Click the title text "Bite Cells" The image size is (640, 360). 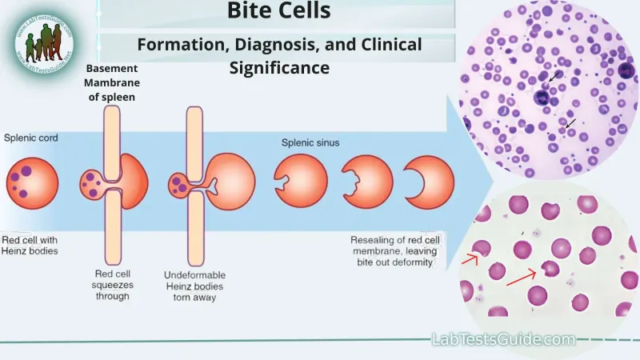[x=279, y=12]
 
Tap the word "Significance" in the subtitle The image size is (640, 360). [x=279, y=68]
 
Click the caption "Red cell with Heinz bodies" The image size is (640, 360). [x=30, y=246]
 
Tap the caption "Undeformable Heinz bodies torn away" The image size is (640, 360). [x=194, y=286]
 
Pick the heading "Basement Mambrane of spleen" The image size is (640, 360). [x=111, y=83]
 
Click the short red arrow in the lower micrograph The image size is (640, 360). [x=470, y=259]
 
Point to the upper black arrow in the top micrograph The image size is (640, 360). [x=554, y=78]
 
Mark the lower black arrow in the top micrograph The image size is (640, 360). [x=570, y=123]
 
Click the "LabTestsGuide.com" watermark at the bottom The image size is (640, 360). [x=503, y=339]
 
